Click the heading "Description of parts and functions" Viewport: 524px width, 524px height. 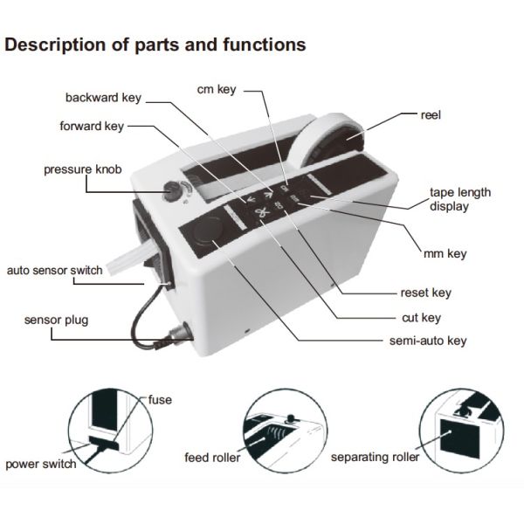155,45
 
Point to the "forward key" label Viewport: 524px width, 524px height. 92,126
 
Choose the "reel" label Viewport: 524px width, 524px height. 433,114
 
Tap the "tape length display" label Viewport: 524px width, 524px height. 459,199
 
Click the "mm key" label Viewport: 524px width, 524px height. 445,254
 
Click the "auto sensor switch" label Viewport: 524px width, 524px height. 54,271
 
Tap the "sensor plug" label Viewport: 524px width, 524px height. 56,321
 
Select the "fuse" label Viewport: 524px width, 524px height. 160,400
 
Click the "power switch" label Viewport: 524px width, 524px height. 41,464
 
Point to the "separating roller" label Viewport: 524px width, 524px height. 375,457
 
